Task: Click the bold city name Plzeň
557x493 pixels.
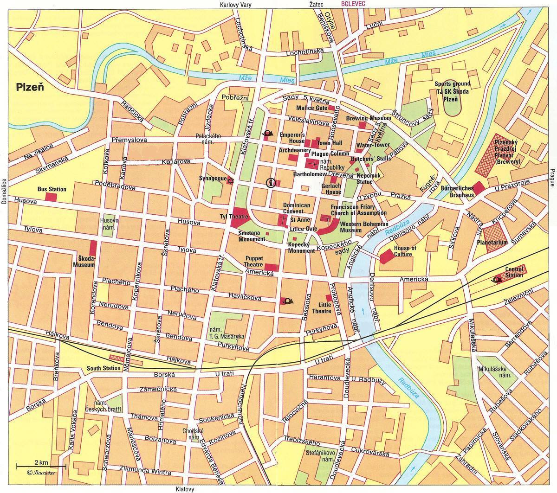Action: (x=30, y=86)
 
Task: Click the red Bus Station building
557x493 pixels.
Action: (x=51, y=197)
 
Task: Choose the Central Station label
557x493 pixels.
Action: (x=514, y=272)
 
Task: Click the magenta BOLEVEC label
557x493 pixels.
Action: (x=354, y=4)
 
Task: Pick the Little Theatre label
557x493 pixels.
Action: (x=324, y=308)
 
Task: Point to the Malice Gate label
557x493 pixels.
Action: (x=312, y=108)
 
